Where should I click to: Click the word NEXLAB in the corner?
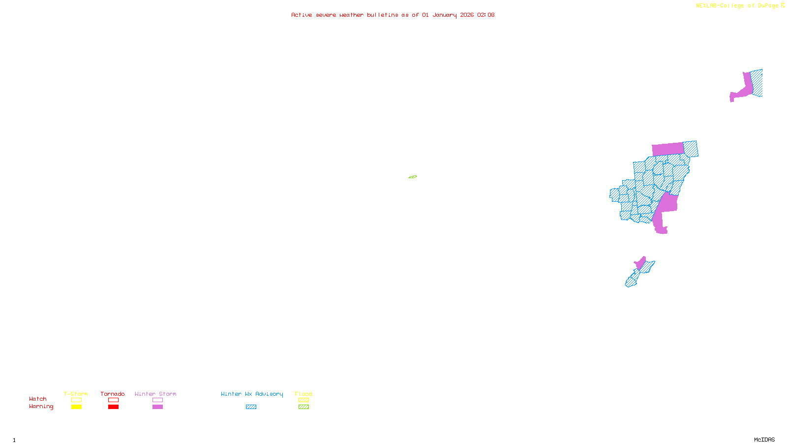pos(706,6)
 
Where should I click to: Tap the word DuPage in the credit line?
pos(768,6)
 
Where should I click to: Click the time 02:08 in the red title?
pos(485,15)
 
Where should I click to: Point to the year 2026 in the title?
pos(467,15)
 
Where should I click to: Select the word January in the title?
pos(444,15)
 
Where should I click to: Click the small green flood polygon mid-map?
pos(413,177)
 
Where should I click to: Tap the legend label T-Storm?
pos(76,394)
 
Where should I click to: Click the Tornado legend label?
pos(113,394)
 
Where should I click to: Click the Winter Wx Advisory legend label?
pos(252,394)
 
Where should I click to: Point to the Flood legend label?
pos(303,394)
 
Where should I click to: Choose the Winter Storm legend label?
pos(155,394)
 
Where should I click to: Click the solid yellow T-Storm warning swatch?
pos(76,407)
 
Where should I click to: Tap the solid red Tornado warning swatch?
pos(113,407)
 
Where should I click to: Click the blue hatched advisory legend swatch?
pos(251,407)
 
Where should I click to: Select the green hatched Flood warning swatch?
pos(303,407)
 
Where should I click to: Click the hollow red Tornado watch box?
pos(113,400)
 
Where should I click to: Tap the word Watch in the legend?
pos(38,399)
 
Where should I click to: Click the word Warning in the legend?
pos(41,407)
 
